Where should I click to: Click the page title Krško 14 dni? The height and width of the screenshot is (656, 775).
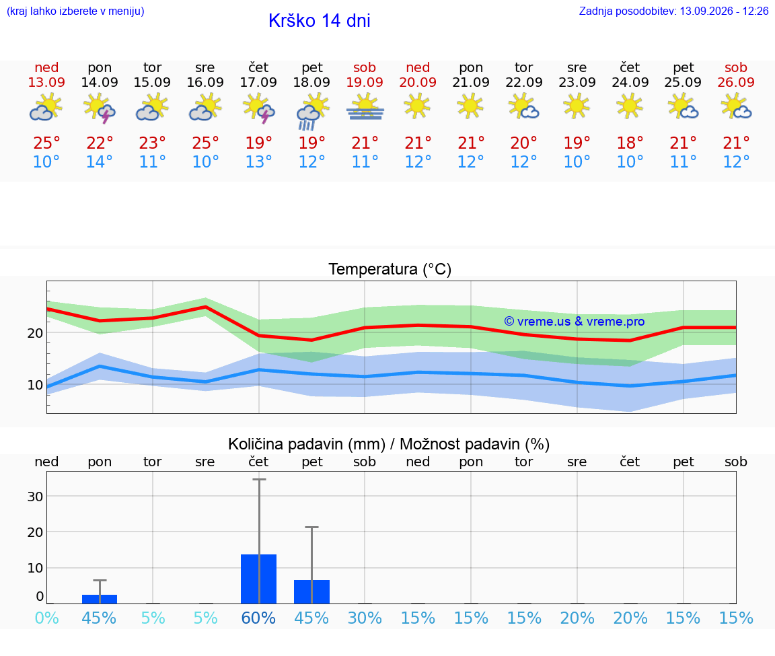[x=320, y=21]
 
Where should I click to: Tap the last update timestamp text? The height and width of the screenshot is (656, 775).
[x=673, y=11]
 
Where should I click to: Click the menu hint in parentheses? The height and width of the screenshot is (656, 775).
[x=75, y=11]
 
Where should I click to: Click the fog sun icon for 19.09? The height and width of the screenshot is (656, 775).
[x=365, y=108]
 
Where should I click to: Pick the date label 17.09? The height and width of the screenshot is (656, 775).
[x=258, y=82]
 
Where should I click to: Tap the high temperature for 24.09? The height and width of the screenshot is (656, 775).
[x=630, y=143]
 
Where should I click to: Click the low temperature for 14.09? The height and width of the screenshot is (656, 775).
[x=100, y=161]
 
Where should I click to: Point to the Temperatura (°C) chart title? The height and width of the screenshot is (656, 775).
[x=390, y=269]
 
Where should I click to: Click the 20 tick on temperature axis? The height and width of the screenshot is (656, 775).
[x=35, y=333]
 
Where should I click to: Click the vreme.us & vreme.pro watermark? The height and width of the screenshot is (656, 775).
[x=575, y=322]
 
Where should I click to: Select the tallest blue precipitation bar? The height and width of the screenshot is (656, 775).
[x=258, y=579]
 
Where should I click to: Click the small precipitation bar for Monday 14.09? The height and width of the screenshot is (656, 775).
[x=100, y=599]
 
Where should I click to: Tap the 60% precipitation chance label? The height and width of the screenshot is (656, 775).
[x=258, y=618]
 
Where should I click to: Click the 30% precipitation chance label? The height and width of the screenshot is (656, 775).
[x=365, y=618]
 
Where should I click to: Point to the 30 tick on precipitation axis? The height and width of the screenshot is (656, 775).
[x=35, y=497]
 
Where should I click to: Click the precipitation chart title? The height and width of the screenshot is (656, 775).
[x=389, y=444]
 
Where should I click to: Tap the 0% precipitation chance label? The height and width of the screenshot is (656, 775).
[x=47, y=618]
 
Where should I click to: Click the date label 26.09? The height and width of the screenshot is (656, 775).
[x=736, y=82]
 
